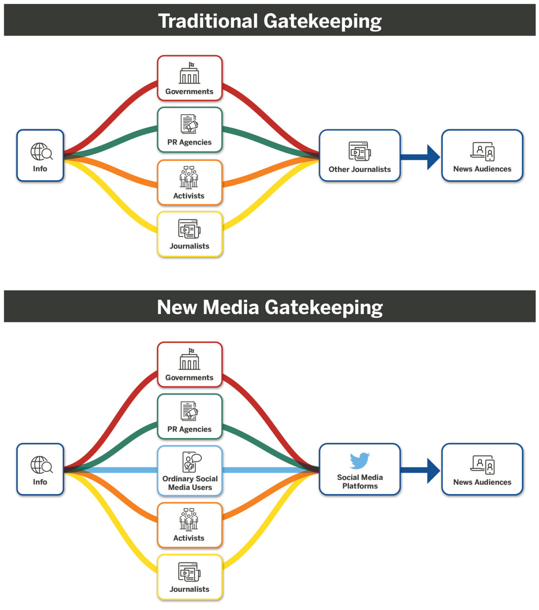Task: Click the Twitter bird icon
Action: (x=360, y=461)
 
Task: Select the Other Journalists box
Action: (x=359, y=156)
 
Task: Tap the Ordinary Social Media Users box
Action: (x=190, y=471)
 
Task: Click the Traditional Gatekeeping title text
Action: (x=270, y=21)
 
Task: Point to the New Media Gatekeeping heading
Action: (x=270, y=307)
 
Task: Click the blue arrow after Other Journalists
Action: (x=421, y=157)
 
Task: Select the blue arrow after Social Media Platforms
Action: (x=421, y=471)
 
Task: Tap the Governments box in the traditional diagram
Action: (x=190, y=78)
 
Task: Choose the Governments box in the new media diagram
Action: (x=190, y=365)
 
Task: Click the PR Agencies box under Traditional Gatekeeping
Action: (x=190, y=130)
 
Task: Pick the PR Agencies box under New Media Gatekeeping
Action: (x=190, y=417)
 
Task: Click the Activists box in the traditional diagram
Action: (x=190, y=183)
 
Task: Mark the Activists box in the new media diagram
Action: (x=190, y=525)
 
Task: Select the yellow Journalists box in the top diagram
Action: (x=190, y=234)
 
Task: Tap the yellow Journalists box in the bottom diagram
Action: (x=190, y=577)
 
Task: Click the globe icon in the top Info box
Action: (x=41, y=151)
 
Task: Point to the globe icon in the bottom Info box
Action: (x=41, y=465)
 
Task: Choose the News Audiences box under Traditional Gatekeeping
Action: (x=482, y=156)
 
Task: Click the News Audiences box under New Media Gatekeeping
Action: (x=482, y=469)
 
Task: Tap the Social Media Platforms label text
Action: (x=360, y=482)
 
